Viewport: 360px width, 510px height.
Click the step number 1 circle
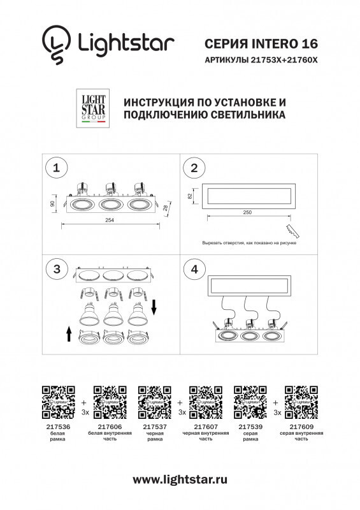pyautogui.click(x=57, y=168)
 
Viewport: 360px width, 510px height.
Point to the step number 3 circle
pyautogui.click(x=57, y=269)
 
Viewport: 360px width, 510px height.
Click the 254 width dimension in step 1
pyautogui.click(x=110, y=221)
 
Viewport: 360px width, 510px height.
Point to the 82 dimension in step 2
pyautogui.click(x=191, y=196)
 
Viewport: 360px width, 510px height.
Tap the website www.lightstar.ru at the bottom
pyautogui.click(x=180, y=479)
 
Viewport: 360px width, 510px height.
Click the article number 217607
pyautogui.click(x=205, y=426)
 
